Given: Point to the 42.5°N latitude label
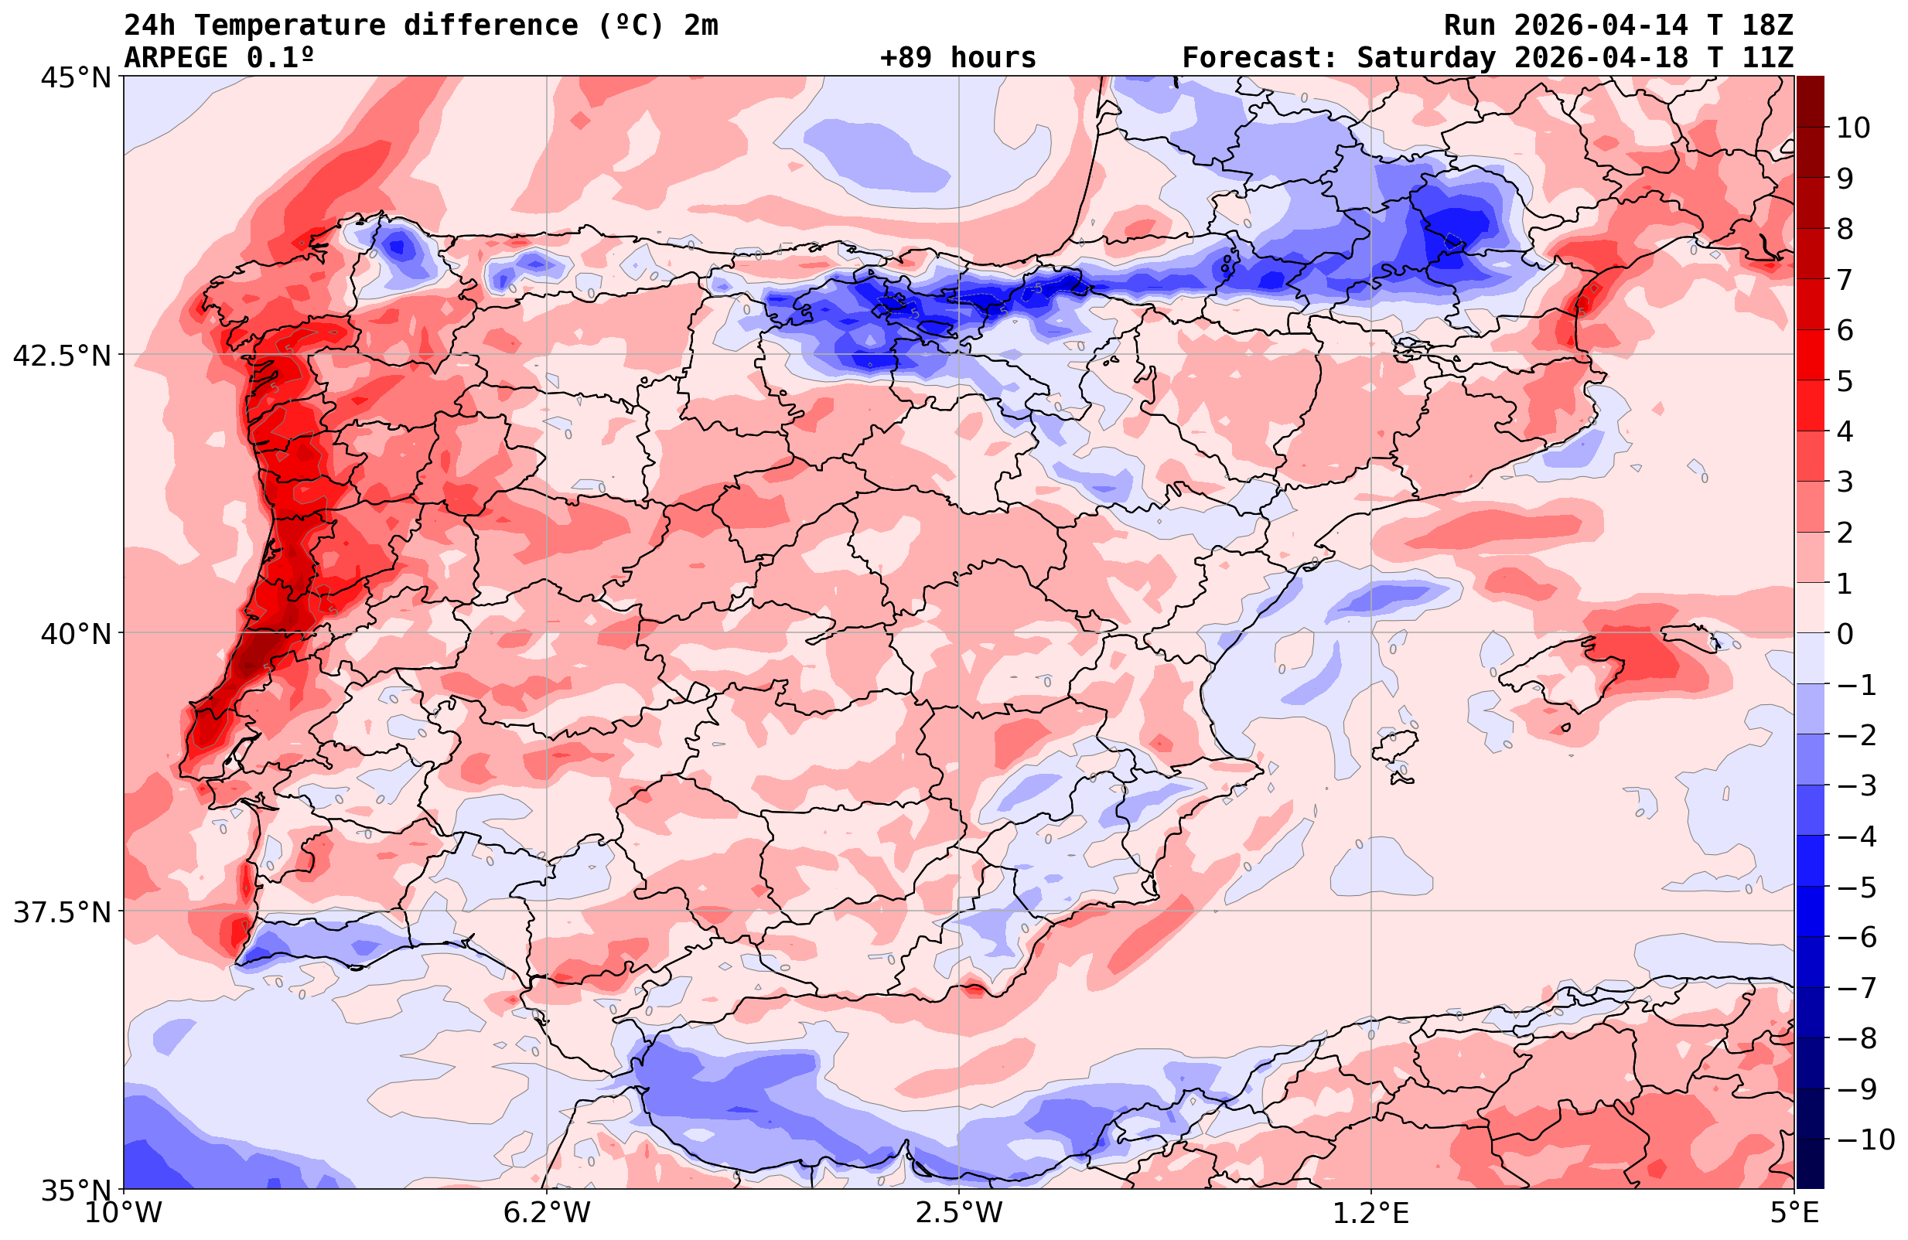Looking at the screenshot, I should pyautogui.click(x=61, y=355).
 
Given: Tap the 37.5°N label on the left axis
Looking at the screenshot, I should pyautogui.click(x=61, y=912).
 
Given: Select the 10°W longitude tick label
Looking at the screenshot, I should pyautogui.click(x=123, y=1213).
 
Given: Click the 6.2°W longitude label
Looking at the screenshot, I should pyautogui.click(x=547, y=1213).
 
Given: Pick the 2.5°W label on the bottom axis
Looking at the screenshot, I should pyautogui.click(x=959, y=1213).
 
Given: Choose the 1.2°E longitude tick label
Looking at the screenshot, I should pyautogui.click(x=1371, y=1213).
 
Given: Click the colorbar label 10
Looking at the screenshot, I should pyautogui.click(x=1852, y=128).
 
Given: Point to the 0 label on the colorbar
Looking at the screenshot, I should pyautogui.click(x=1845, y=634).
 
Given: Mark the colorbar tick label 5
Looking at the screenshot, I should pyautogui.click(x=1845, y=382).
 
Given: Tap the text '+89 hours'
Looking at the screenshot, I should pyautogui.click(x=958, y=58).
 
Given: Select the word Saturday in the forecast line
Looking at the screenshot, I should pyautogui.click(x=1426, y=58).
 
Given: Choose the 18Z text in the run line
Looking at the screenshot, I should pyautogui.click(x=1767, y=26).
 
